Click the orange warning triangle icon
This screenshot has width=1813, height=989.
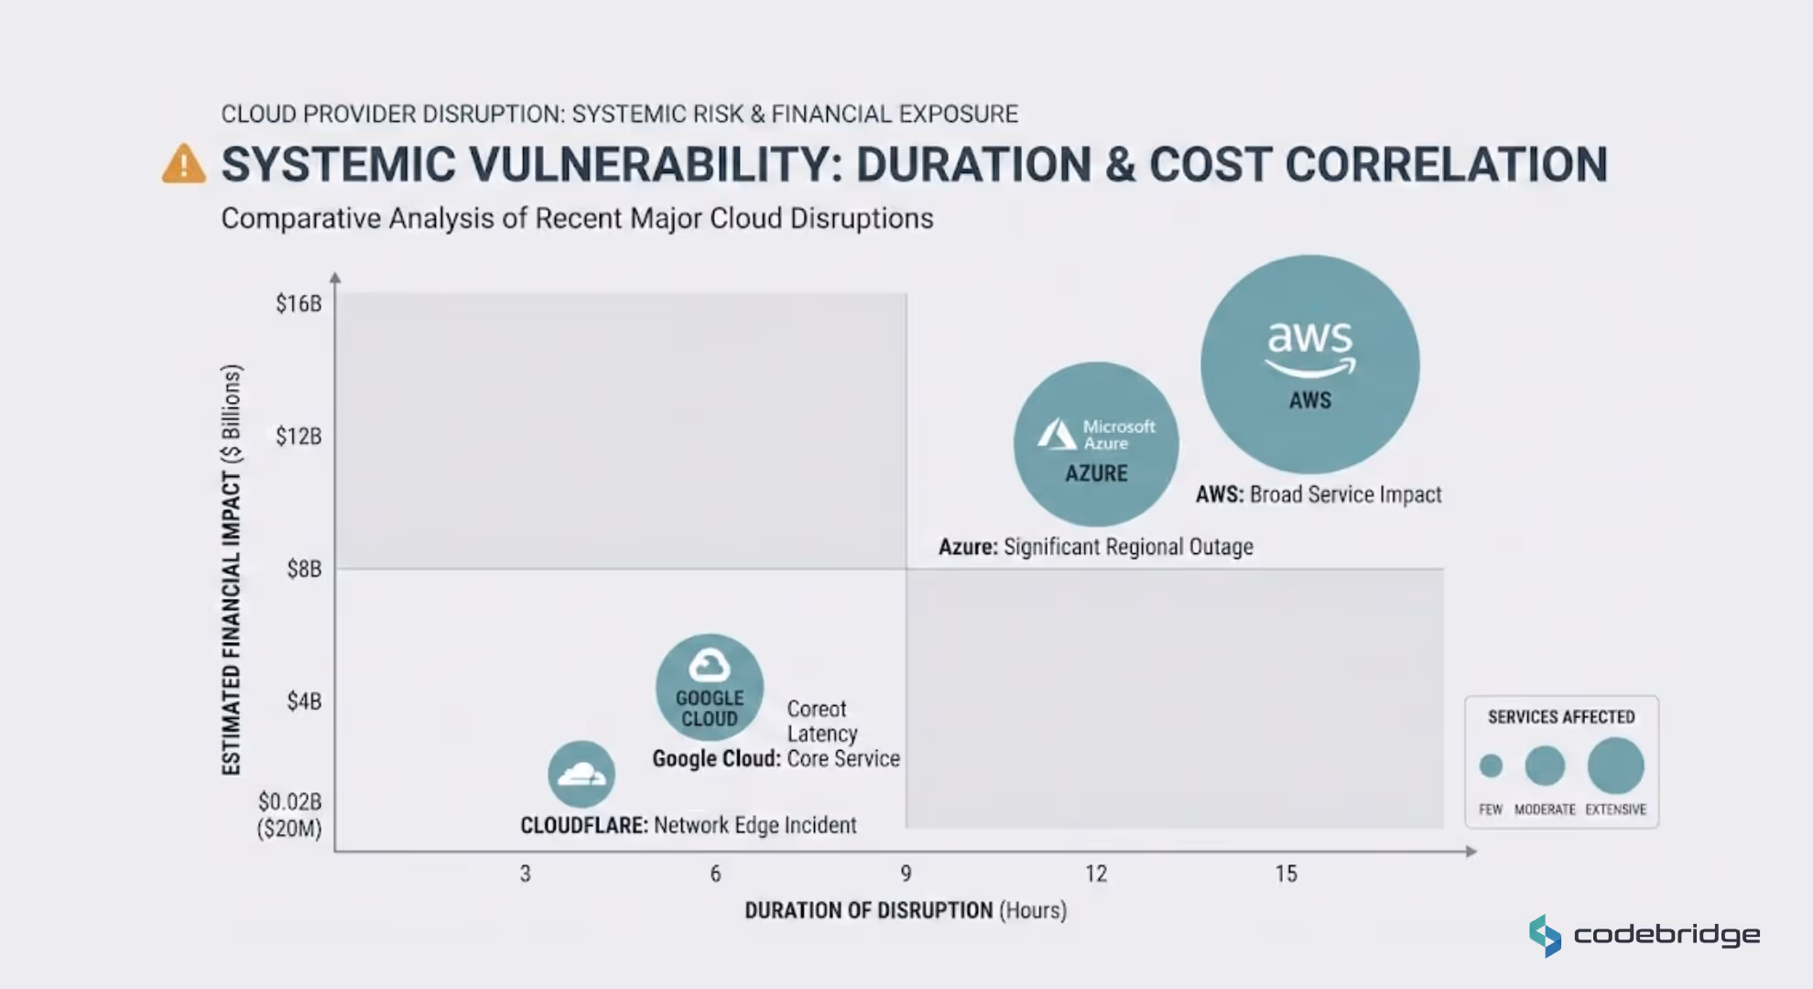coord(184,165)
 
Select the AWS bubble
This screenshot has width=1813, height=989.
coord(1309,364)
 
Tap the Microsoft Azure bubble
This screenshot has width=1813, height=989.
coord(1096,444)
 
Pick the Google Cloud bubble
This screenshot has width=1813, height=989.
coord(710,688)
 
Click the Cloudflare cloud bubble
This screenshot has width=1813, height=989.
coord(581,775)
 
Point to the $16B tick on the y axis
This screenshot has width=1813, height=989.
coord(299,303)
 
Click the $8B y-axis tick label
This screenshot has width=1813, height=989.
coord(304,569)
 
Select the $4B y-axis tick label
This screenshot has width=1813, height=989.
coord(304,701)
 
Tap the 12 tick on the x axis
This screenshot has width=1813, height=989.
coord(1096,874)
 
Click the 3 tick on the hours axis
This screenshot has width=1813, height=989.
coord(526,874)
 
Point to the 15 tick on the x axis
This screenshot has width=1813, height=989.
coord(1286,874)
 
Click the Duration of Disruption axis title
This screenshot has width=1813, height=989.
coord(906,910)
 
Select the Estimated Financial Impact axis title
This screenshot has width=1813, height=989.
coord(232,570)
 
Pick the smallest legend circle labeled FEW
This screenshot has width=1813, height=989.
coord(1491,766)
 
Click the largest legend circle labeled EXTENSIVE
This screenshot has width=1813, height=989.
coord(1615,766)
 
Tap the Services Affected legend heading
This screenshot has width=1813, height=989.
coord(1561,717)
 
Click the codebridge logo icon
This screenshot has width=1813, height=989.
coord(1545,936)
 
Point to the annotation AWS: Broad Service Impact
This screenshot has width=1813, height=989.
coord(1319,494)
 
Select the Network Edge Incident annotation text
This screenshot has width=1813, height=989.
coord(755,825)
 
